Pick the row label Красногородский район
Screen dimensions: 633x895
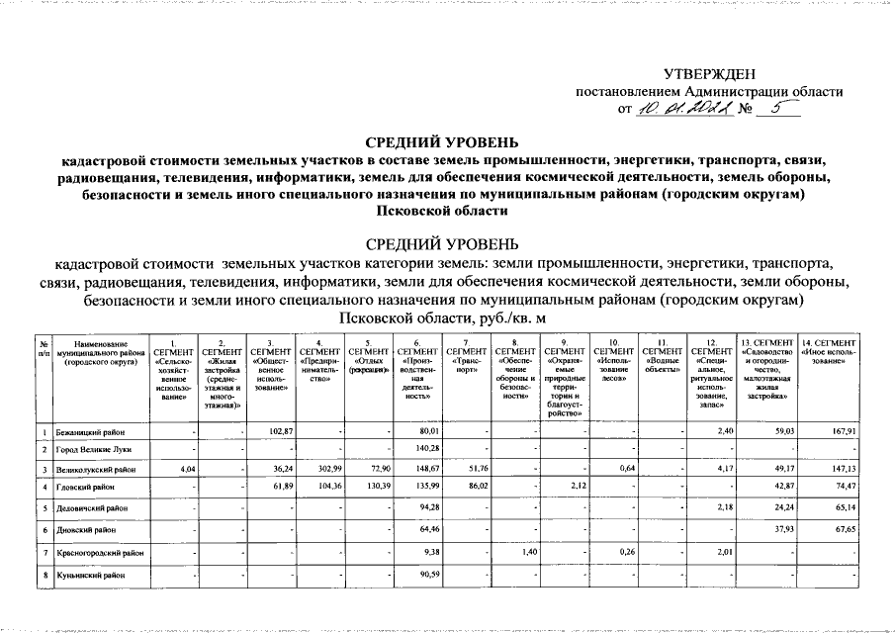pyautogui.click(x=100, y=552)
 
